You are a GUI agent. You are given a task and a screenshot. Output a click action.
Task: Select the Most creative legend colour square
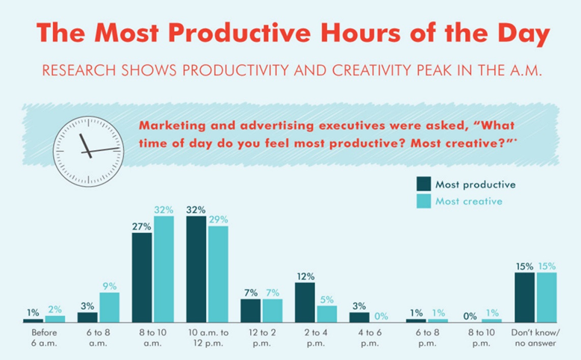[425, 201]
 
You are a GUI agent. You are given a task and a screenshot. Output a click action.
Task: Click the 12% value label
[305, 276]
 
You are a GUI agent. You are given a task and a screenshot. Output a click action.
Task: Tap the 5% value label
[326, 299]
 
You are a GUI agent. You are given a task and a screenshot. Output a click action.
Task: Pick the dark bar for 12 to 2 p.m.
[250, 310]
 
